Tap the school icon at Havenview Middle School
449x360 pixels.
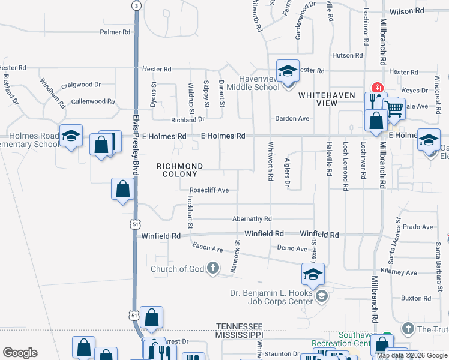[x=288, y=71]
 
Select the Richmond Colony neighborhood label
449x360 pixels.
[x=179, y=170]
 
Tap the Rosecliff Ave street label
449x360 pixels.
[x=209, y=190]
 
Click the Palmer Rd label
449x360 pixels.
[x=115, y=32]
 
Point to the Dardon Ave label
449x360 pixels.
[x=292, y=118]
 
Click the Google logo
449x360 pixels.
[x=20, y=353]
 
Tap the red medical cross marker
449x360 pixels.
[x=378, y=87]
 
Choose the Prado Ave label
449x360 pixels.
[x=418, y=227]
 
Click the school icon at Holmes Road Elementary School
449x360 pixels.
[x=71, y=136]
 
